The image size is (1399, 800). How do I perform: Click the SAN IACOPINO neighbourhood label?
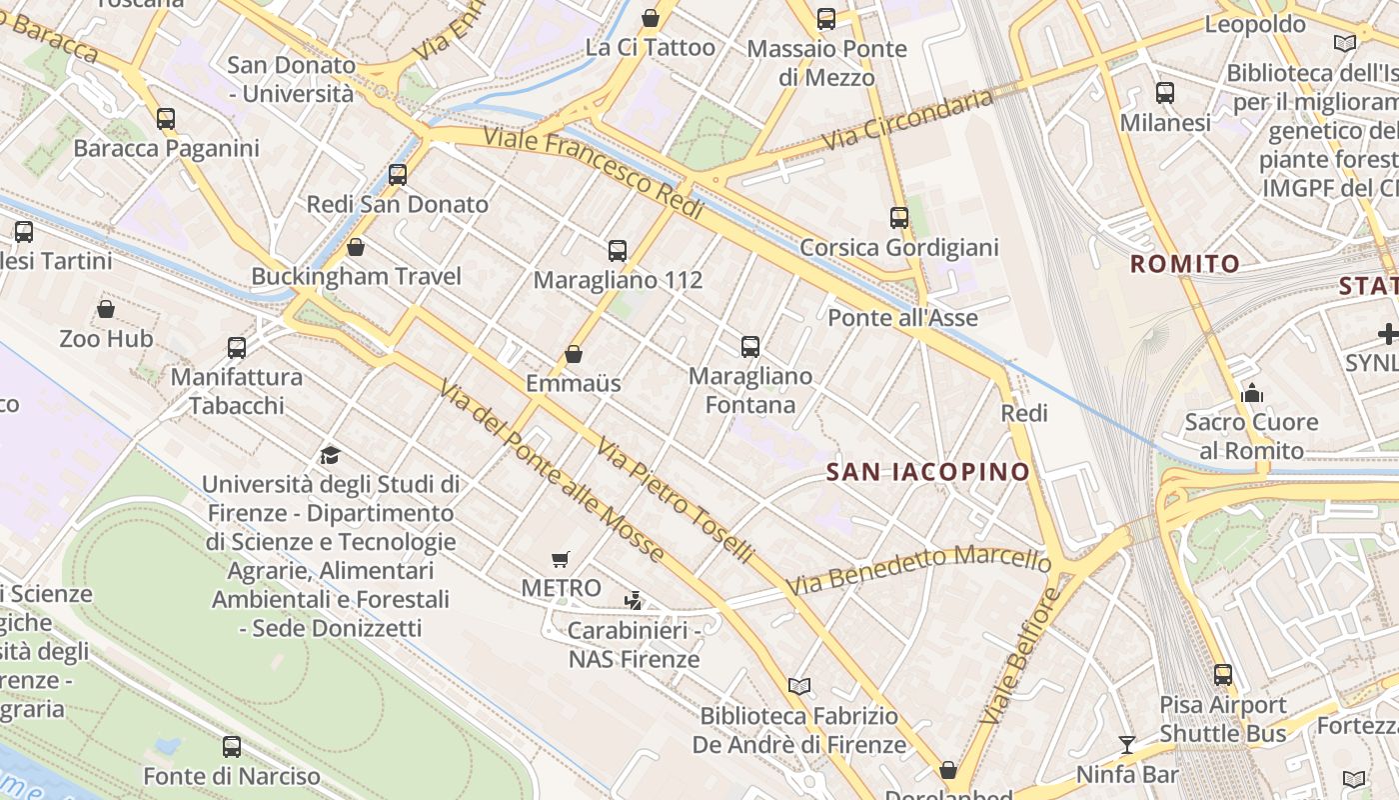point(928,472)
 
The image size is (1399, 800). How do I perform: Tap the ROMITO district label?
point(1185,264)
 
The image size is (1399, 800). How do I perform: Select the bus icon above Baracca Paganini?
point(166,119)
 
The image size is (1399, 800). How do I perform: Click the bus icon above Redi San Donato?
point(398,175)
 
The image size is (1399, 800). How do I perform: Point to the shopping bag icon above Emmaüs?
point(574,354)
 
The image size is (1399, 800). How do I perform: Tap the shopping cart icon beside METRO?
point(561,560)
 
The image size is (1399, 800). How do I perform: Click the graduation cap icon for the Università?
point(330,456)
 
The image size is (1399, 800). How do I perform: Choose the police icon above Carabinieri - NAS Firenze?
point(633,601)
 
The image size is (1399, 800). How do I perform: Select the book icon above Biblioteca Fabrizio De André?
point(798,686)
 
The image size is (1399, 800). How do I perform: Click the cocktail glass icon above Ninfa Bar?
point(1127,744)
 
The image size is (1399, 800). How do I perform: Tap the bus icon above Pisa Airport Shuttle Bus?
point(1223,675)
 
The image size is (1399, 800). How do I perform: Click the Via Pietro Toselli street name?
point(675,501)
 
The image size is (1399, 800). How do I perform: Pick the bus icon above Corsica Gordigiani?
point(899,218)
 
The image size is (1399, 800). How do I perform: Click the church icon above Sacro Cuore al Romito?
point(1251,393)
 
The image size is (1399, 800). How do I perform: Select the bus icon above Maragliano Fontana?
point(750,347)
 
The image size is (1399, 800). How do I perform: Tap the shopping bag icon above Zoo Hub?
point(106,309)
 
